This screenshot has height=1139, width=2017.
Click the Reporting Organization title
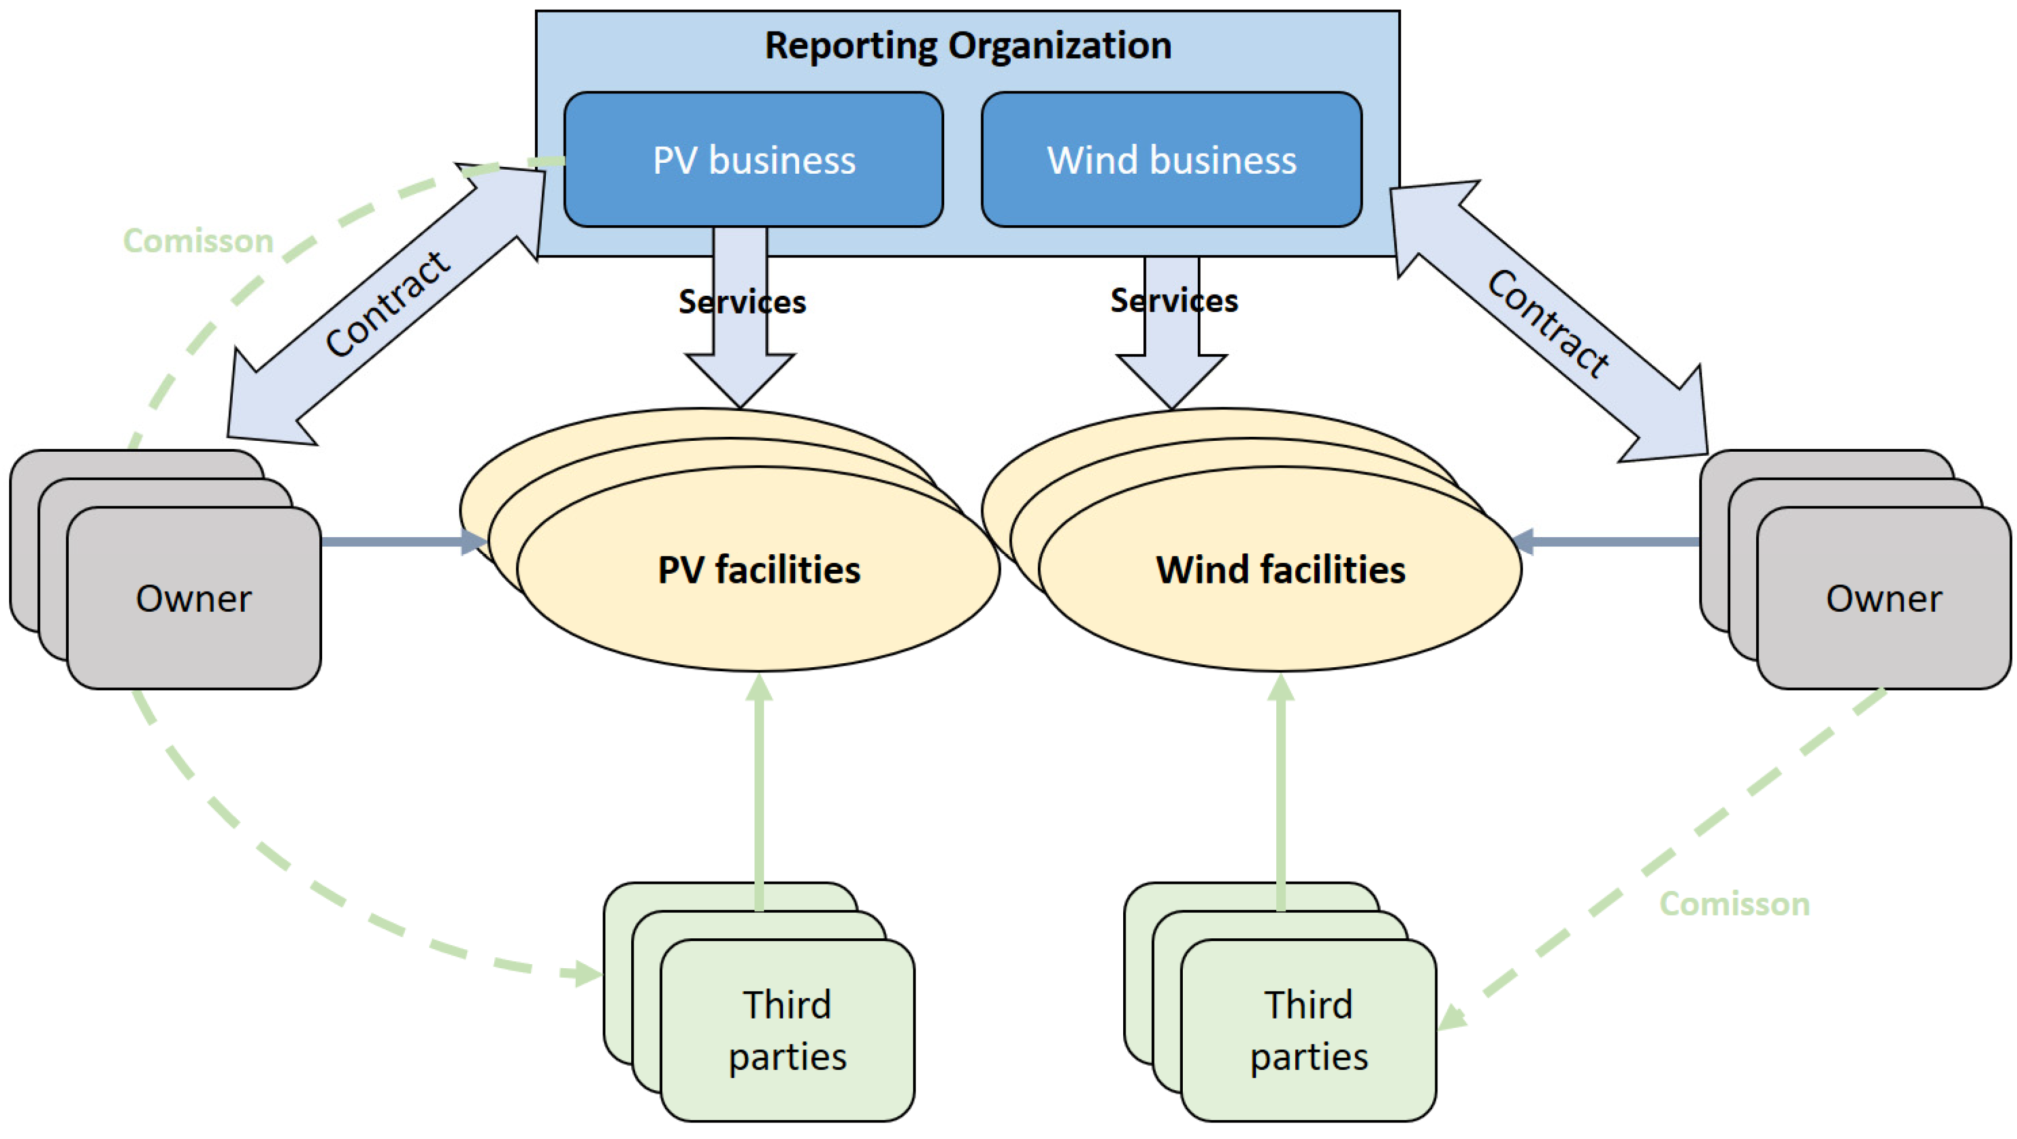tap(968, 45)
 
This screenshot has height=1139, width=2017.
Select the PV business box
tap(753, 160)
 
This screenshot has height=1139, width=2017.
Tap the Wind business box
tap(1171, 160)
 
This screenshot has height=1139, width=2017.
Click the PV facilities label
tap(759, 570)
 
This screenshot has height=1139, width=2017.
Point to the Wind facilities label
tap(1280, 570)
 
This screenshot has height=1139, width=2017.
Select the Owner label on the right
tap(1884, 599)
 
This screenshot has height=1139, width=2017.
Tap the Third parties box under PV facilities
tap(787, 1030)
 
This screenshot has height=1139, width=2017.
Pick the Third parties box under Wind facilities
tap(1308, 1030)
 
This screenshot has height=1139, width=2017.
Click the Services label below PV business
tap(741, 302)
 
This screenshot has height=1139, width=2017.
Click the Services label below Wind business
tap(1174, 300)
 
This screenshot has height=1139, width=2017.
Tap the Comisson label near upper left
tap(198, 241)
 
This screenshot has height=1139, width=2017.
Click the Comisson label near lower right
tap(1734, 904)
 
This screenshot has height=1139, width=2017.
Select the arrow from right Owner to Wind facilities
tap(1605, 541)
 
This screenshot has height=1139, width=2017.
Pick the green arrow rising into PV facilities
tap(759, 790)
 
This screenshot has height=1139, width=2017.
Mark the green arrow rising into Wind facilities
tap(1280, 790)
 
